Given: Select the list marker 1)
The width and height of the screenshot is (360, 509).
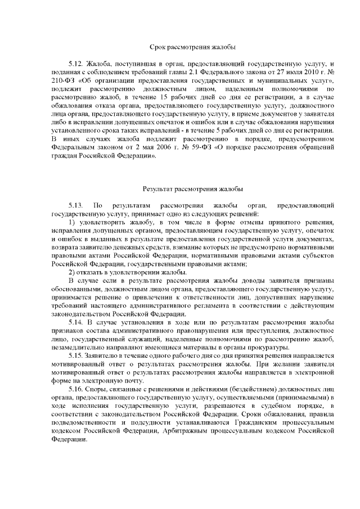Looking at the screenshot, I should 72,223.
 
